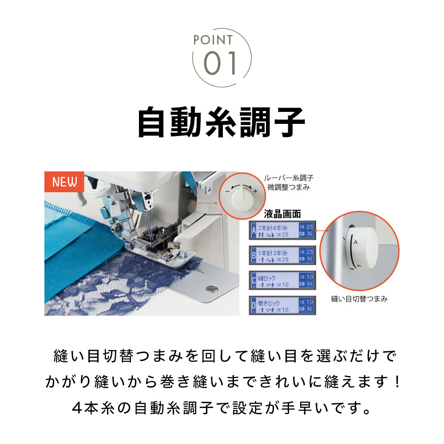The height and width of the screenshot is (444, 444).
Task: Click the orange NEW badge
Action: point(64,182)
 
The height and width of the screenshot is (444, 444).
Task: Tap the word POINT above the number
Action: point(213,40)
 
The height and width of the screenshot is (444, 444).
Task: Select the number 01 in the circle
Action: point(220,63)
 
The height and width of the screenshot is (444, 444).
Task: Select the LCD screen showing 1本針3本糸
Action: point(283,255)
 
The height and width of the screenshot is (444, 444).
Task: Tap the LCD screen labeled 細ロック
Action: point(283,280)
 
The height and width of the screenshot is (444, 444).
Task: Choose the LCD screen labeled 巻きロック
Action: point(283,305)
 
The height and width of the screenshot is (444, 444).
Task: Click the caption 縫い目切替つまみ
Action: point(359,299)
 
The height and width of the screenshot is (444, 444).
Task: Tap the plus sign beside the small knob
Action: point(255,191)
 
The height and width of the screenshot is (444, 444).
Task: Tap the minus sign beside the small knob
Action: point(227,191)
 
